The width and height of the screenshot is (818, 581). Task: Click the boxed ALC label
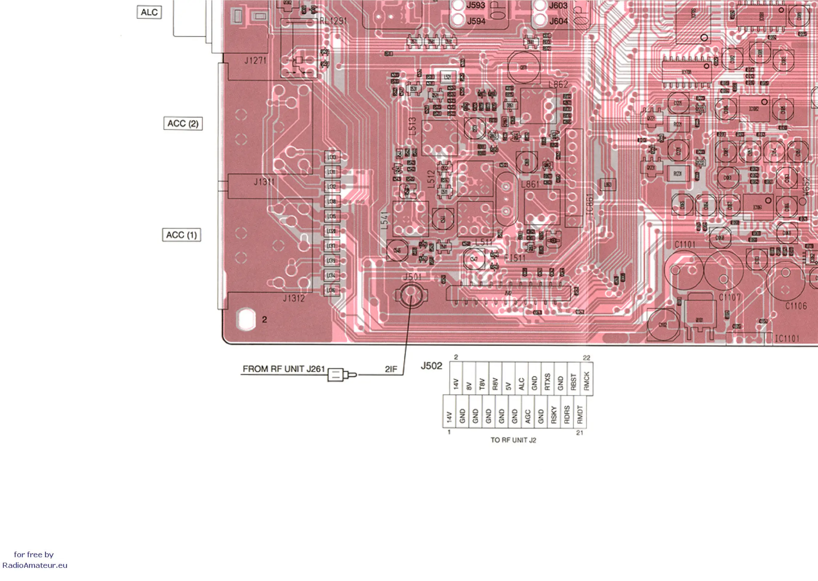pos(149,12)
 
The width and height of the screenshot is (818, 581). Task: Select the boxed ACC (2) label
pos(183,123)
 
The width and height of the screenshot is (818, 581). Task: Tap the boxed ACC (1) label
pos(181,235)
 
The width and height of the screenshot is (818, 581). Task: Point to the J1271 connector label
pos(255,60)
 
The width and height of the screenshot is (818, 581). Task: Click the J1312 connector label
pos(294,298)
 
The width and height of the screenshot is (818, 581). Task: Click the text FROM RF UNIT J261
pos(284,369)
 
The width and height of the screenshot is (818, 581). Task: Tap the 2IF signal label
pos(391,369)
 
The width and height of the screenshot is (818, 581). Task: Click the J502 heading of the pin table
pos(432,366)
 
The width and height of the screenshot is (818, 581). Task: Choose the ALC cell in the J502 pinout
pos(521,383)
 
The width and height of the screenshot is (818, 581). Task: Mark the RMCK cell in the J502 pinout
pos(586,381)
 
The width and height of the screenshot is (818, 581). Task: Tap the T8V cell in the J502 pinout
pos(482,384)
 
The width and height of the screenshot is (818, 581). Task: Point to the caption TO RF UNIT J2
pos(513,440)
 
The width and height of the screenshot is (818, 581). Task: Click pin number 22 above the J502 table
pos(586,358)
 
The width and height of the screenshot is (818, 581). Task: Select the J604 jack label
pos(558,21)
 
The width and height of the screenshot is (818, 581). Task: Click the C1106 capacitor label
pos(796,306)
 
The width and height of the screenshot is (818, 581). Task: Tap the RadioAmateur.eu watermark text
pos(35,565)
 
